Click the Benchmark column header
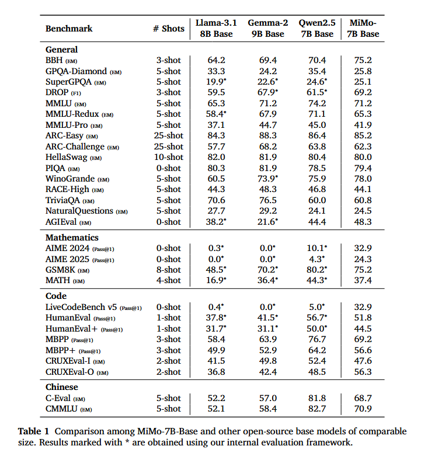pos(69,29)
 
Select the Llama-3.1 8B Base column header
pos(216,29)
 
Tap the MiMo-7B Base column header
pos(363,29)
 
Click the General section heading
pos(61,50)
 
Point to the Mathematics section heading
pos(72,238)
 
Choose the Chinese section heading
pos(62,387)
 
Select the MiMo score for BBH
pos(363,60)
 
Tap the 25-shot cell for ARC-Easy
pos(168,135)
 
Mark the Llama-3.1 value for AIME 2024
pos(216,248)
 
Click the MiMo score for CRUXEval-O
pos(363,372)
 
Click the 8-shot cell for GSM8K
pos(168,270)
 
